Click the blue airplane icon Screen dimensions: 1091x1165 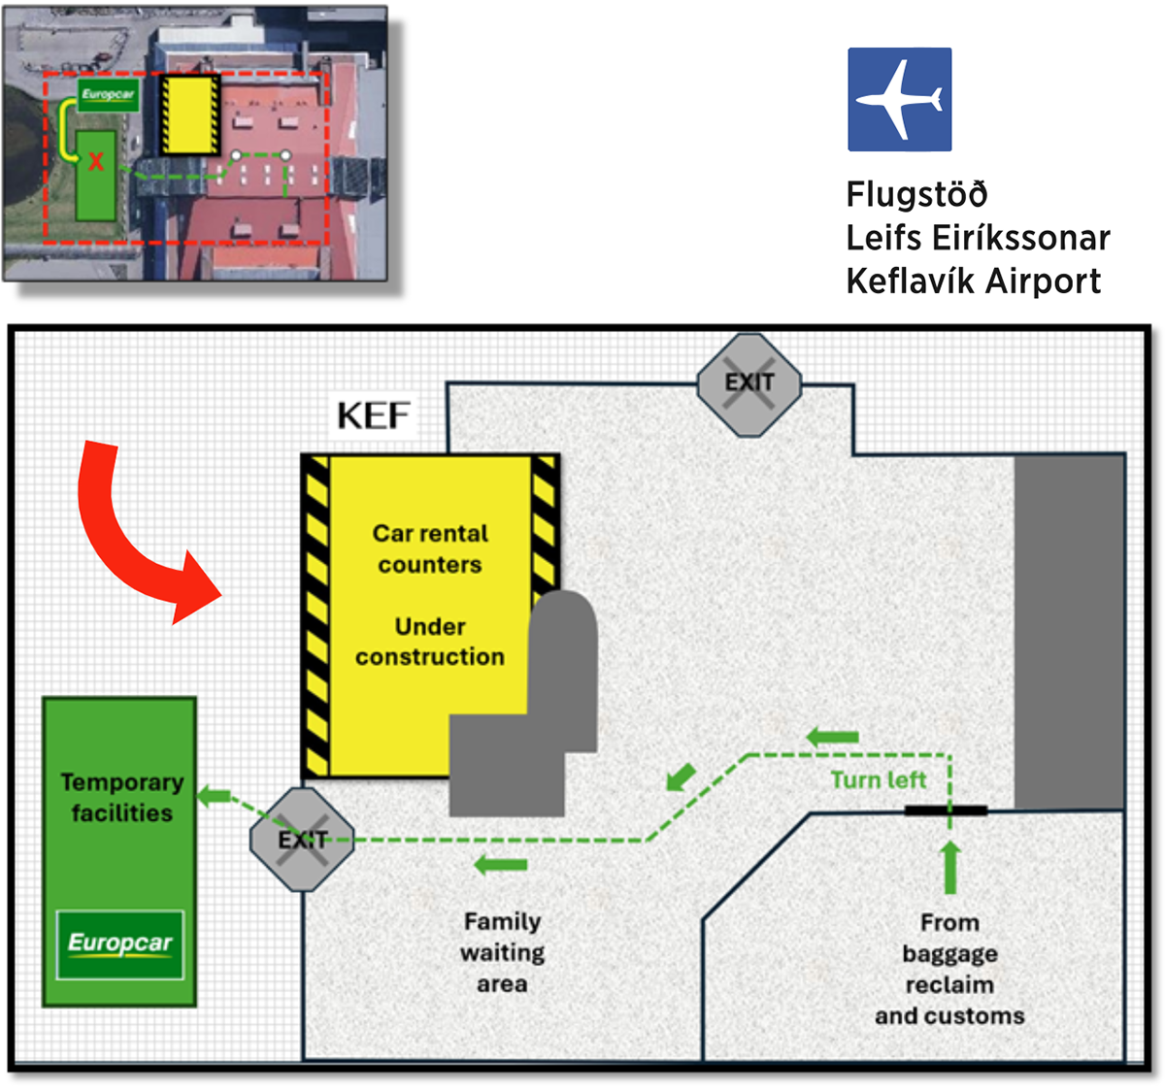point(899,99)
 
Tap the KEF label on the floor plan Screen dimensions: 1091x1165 point(373,415)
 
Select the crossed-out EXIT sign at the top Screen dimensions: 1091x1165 point(749,384)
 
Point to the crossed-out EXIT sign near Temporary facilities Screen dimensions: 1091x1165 point(302,840)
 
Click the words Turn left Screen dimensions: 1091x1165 point(878,779)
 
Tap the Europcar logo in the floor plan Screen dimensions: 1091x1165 point(120,943)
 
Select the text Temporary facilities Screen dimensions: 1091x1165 point(121,797)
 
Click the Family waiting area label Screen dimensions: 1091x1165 point(502,952)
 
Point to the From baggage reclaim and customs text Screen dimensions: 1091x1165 point(949,969)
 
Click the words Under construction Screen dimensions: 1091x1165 point(430,642)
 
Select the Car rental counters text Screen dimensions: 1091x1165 point(430,548)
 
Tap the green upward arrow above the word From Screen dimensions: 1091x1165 point(949,867)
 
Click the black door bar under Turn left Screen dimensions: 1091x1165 point(946,810)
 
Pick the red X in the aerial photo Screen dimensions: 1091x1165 point(96,162)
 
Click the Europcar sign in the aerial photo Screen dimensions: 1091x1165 point(108,95)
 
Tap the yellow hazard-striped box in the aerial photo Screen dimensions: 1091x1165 point(189,115)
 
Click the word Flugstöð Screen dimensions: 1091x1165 point(916,194)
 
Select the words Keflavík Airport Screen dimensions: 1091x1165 point(973,281)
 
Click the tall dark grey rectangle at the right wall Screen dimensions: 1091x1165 point(1069,632)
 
